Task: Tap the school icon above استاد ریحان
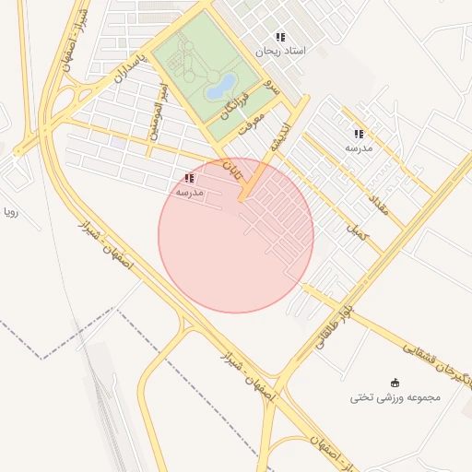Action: [280, 38]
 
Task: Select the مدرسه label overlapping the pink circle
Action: [189, 192]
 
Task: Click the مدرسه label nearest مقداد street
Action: [358, 147]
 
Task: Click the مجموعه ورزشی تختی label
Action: [395, 397]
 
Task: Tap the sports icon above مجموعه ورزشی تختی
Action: [395, 383]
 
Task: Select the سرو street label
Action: [271, 88]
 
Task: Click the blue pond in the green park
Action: [220, 87]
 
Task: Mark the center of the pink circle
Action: [236, 235]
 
